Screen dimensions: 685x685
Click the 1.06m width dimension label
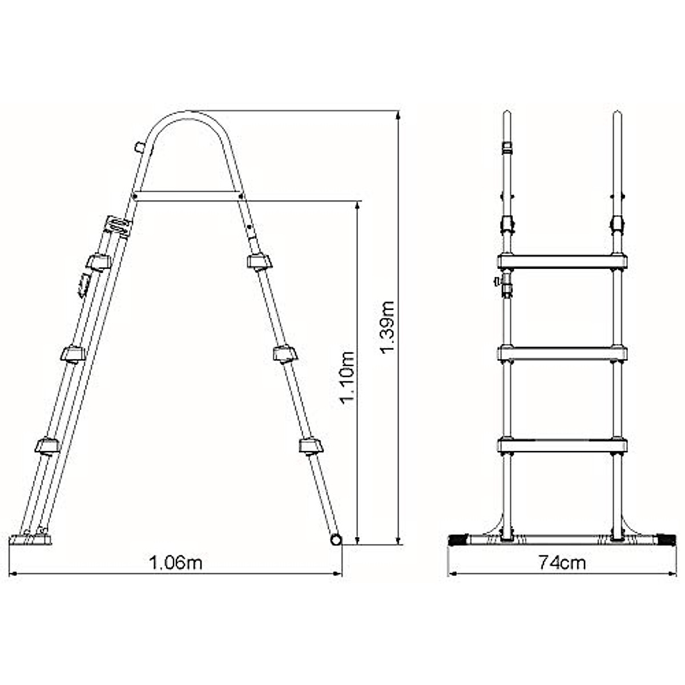tap(175, 562)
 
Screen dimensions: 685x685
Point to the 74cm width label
tap(562, 562)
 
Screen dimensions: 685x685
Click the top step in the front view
tap(562, 261)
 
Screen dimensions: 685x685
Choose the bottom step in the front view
tap(562, 445)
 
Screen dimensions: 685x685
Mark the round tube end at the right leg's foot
tap(336, 539)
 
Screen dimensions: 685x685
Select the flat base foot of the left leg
tap(31, 538)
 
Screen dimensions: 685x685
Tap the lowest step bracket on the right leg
tap(310, 445)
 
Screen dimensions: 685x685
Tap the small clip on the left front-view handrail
tap(506, 150)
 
